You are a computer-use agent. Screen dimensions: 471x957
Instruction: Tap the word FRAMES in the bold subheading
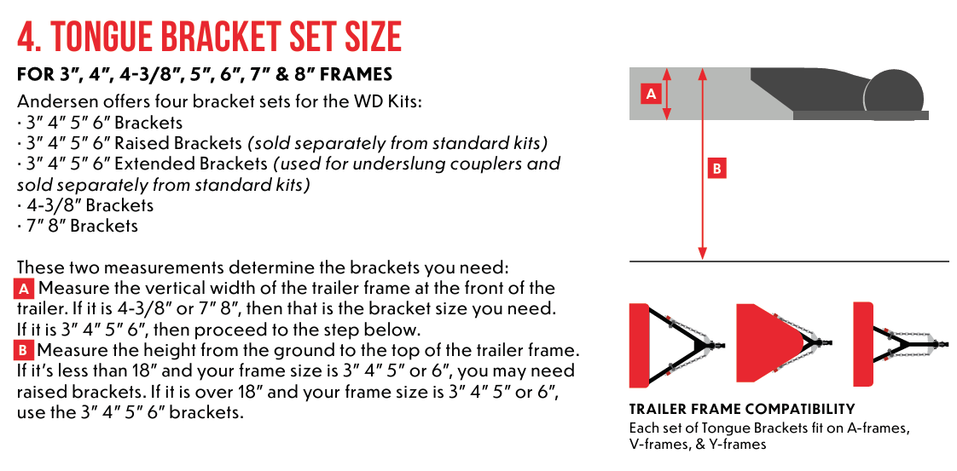point(352,75)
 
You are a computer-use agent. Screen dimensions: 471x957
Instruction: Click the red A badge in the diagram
point(650,94)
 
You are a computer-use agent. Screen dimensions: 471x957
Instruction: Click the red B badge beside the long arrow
point(716,169)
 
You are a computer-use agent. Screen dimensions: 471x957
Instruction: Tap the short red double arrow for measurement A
point(667,94)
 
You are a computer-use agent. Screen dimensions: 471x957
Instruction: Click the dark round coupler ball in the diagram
point(895,91)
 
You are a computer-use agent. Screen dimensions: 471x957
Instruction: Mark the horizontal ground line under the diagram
point(788,261)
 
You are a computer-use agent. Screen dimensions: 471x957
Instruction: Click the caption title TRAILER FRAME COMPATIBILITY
point(741,410)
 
